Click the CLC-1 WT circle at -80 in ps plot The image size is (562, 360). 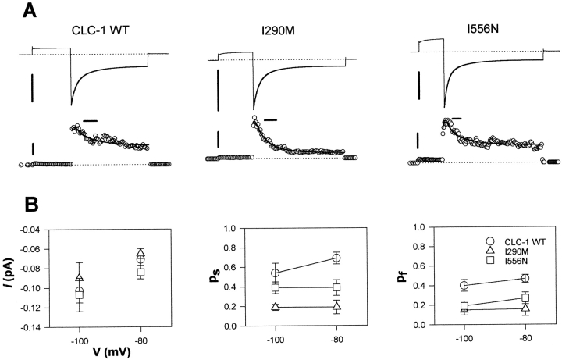tap(336, 258)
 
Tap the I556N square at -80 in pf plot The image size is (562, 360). tap(525, 298)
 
